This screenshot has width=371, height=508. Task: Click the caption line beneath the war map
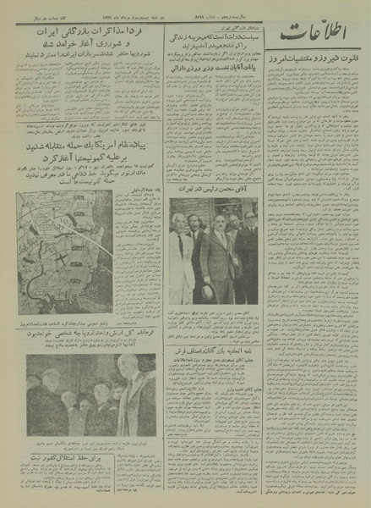89,323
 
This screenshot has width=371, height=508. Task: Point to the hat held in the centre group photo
206,290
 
